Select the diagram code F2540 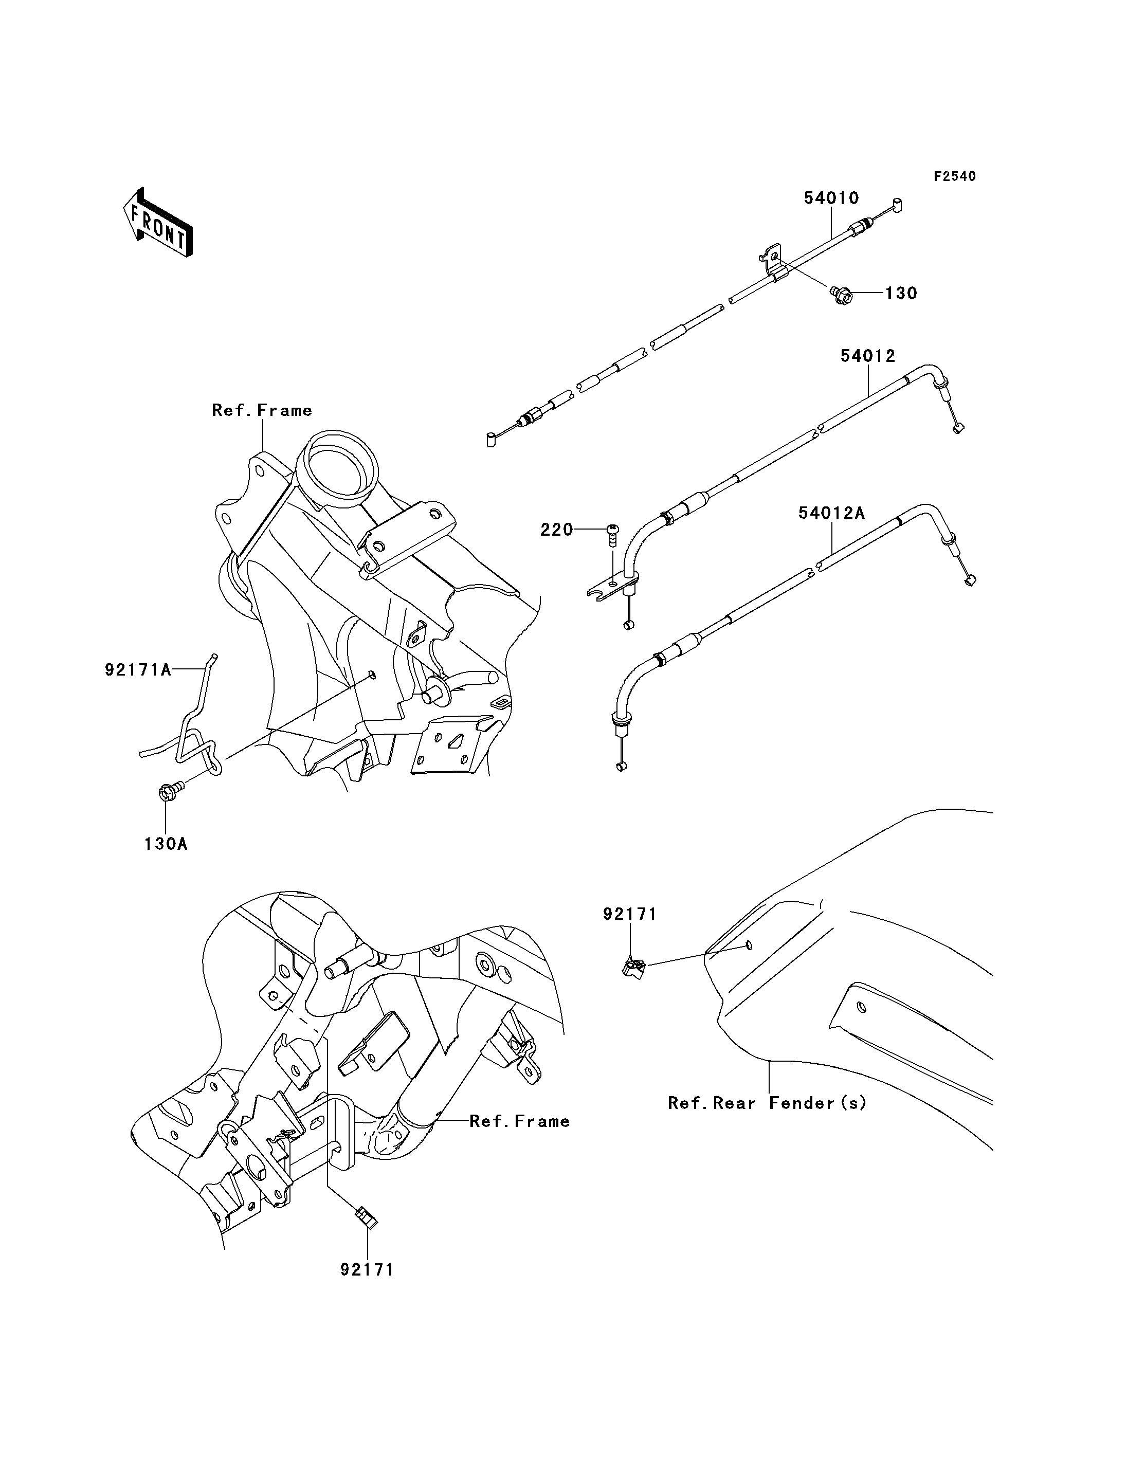[x=955, y=176]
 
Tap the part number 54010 [x=832, y=198]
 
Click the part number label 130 [x=900, y=293]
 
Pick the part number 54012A [x=832, y=513]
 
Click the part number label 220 [x=557, y=530]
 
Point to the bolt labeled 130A [x=170, y=789]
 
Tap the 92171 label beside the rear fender [x=630, y=914]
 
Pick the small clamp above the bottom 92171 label [x=366, y=1216]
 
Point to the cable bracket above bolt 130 [x=773, y=264]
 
